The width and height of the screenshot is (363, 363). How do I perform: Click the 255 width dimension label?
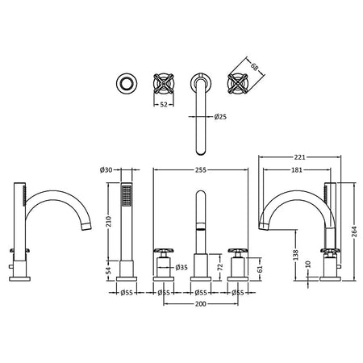tap(201, 170)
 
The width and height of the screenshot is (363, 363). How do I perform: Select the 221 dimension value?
tap(299, 156)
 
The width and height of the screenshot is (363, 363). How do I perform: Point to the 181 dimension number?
tap(297, 170)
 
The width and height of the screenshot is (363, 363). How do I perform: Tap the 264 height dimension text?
tap(354, 232)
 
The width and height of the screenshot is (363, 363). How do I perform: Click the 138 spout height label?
tap(296, 255)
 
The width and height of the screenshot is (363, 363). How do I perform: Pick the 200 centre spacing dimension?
tap(201, 304)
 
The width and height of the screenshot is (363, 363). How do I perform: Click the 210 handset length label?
tap(109, 222)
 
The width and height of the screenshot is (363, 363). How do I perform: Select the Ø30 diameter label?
tap(106, 170)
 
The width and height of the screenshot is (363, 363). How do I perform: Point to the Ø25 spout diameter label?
tap(220, 117)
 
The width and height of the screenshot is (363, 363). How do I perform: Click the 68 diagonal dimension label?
tap(254, 67)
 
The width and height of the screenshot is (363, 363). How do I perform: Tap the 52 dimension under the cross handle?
tap(164, 105)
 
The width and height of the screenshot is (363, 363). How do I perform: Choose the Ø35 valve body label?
tap(181, 268)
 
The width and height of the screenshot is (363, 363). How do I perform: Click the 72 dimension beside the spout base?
tap(220, 267)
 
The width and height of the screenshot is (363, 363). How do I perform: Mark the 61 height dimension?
tap(259, 269)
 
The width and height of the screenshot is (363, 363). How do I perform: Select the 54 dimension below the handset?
tap(109, 270)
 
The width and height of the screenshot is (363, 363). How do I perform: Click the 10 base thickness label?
tap(308, 264)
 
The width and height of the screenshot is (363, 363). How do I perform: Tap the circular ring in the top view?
tap(127, 83)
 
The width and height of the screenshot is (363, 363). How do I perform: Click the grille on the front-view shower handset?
tap(127, 195)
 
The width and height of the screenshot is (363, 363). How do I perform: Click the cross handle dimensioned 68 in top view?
tap(238, 83)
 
